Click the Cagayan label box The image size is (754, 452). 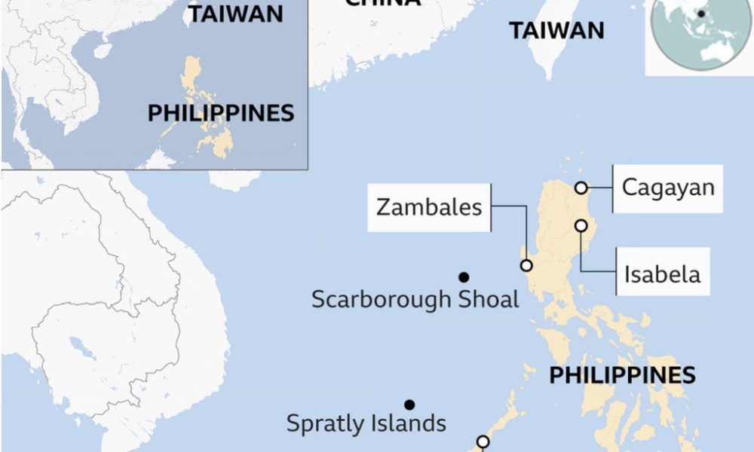pos(667,188)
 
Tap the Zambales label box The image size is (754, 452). pos(429,206)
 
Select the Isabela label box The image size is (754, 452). pos(662,274)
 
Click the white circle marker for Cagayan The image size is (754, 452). pos(581,188)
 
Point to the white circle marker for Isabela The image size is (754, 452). pos(581,225)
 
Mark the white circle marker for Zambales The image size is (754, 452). pos(526,265)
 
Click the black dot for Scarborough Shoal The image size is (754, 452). pos(464,276)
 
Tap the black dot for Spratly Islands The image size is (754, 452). pos(409,405)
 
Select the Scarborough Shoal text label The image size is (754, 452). pos(415,299)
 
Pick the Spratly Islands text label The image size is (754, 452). pos(366,423)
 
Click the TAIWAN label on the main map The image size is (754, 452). pos(556,31)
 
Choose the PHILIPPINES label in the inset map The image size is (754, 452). pos(220,114)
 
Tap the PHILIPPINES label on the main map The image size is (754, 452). pos(622,375)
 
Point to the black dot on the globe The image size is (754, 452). pos(701,13)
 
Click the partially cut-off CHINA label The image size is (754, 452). pos(382,3)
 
